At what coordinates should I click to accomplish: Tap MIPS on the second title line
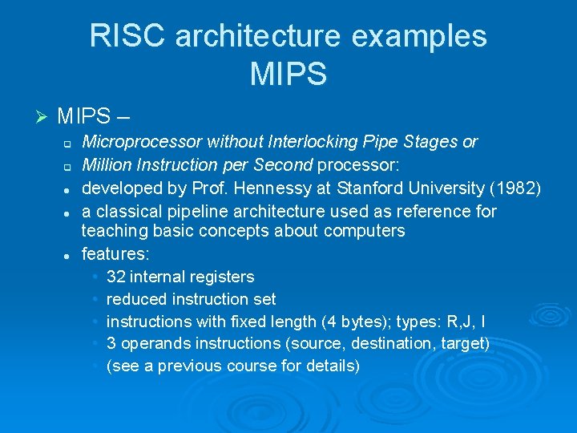288,75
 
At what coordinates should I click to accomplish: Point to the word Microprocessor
143,143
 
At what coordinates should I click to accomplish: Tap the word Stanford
376,188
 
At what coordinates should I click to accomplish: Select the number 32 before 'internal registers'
115,277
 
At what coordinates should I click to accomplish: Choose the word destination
389,344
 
